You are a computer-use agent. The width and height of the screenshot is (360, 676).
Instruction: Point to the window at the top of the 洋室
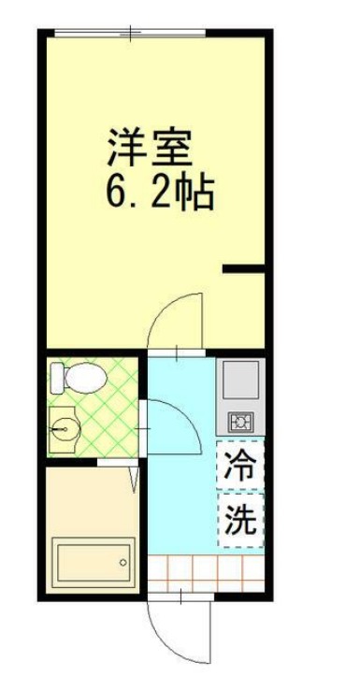click(128, 34)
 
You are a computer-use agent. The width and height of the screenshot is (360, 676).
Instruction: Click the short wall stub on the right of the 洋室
click(243, 271)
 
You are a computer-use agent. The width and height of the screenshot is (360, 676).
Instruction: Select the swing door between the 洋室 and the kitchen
click(179, 323)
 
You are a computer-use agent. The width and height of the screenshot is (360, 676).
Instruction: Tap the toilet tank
click(56, 378)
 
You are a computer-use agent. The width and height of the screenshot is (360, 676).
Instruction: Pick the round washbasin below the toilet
click(65, 431)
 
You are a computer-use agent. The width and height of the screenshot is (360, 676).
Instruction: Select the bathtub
click(92, 563)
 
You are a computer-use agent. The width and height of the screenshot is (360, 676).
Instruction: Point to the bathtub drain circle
click(122, 563)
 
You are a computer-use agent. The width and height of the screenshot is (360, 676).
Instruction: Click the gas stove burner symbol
click(239, 422)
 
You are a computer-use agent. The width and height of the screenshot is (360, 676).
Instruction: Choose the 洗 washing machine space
click(240, 520)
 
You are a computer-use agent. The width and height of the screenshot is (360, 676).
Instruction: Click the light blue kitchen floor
click(182, 496)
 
